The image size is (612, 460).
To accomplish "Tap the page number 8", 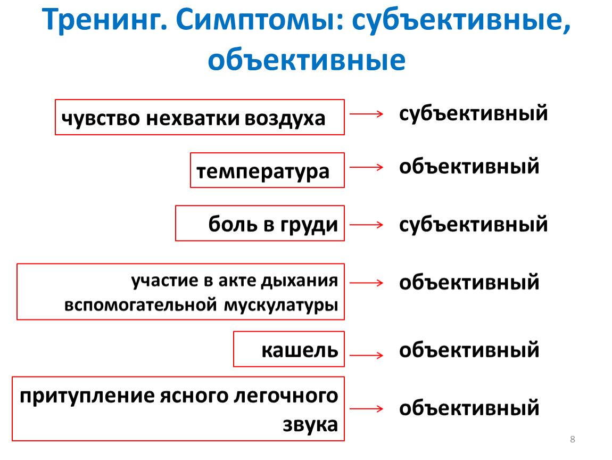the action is (573, 439).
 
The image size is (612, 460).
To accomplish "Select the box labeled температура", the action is (267, 153).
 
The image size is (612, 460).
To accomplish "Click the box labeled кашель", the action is (289, 332).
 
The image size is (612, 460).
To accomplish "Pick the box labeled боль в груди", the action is (260, 207).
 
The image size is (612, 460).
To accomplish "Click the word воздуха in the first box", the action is (285, 119).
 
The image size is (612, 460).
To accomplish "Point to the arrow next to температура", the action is (367, 167).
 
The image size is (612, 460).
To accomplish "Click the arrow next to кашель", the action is (367, 355).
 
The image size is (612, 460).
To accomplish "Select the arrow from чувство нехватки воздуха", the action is (367, 113).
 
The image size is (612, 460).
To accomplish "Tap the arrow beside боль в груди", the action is (367, 225).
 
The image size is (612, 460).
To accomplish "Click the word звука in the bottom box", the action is (310, 424).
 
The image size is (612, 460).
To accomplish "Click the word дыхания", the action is (300, 281).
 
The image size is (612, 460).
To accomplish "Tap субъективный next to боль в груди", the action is (474, 225).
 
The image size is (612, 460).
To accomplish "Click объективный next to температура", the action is (469, 166).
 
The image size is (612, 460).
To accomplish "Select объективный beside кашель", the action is (469, 350).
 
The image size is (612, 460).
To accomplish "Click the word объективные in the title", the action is (307, 60).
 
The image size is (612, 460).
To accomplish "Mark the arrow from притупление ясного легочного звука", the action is (367, 409).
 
